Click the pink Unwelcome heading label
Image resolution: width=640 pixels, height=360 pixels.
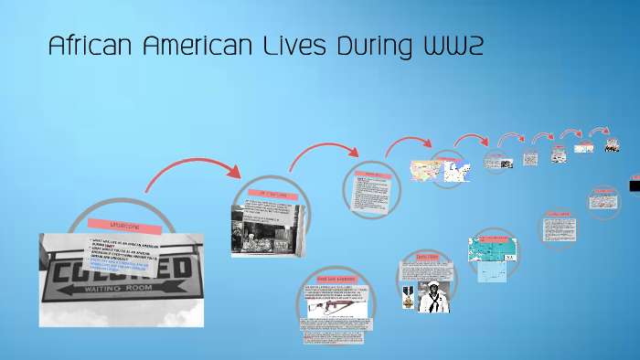coord(124,224)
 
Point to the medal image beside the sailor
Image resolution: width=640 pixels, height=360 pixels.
coord(406,295)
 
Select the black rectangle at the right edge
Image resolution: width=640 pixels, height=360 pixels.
coord(635,185)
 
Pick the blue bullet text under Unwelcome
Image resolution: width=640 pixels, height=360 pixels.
coord(119,267)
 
